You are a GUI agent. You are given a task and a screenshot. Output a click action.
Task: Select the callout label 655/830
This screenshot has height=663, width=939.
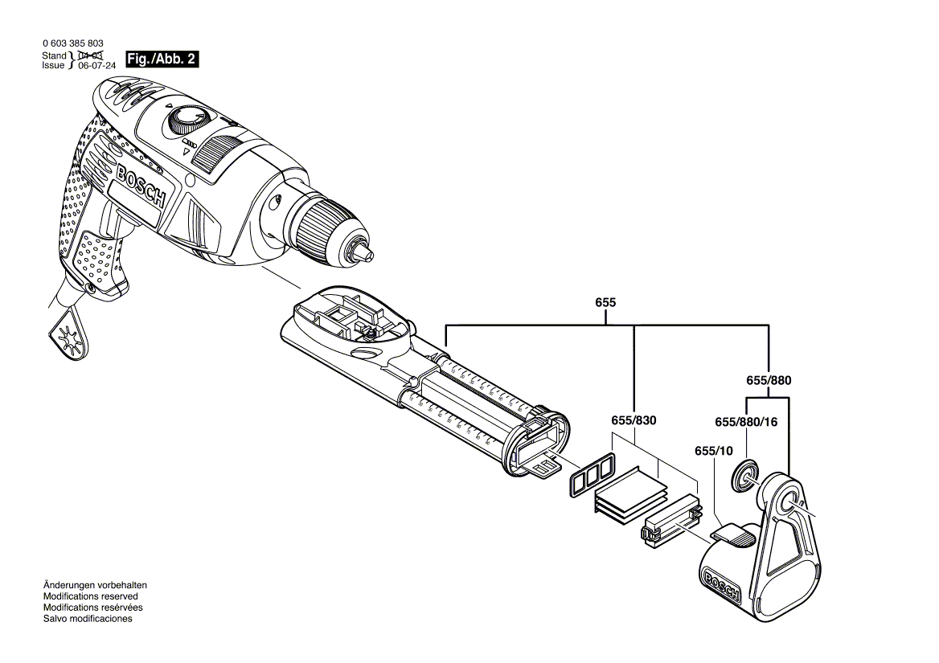(634, 420)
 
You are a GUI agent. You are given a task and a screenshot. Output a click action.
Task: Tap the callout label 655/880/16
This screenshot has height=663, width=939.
(747, 421)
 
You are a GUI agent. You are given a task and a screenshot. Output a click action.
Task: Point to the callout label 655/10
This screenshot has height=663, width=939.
(714, 451)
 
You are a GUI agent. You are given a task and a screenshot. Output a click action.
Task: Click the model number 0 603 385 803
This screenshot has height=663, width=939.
(72, 43)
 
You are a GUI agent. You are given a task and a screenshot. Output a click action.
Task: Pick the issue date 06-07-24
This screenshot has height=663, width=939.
(97, 66)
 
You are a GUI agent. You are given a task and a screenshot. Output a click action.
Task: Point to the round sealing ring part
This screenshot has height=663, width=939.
(744, 477)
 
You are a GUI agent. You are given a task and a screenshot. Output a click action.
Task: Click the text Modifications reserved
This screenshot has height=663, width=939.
(90, 596)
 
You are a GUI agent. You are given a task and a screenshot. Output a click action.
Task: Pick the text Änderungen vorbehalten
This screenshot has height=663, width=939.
(95, 585)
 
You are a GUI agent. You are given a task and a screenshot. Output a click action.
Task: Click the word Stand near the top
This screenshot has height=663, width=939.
(54, 55)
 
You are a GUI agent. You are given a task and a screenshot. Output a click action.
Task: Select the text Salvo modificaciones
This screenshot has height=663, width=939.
(87, 618)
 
